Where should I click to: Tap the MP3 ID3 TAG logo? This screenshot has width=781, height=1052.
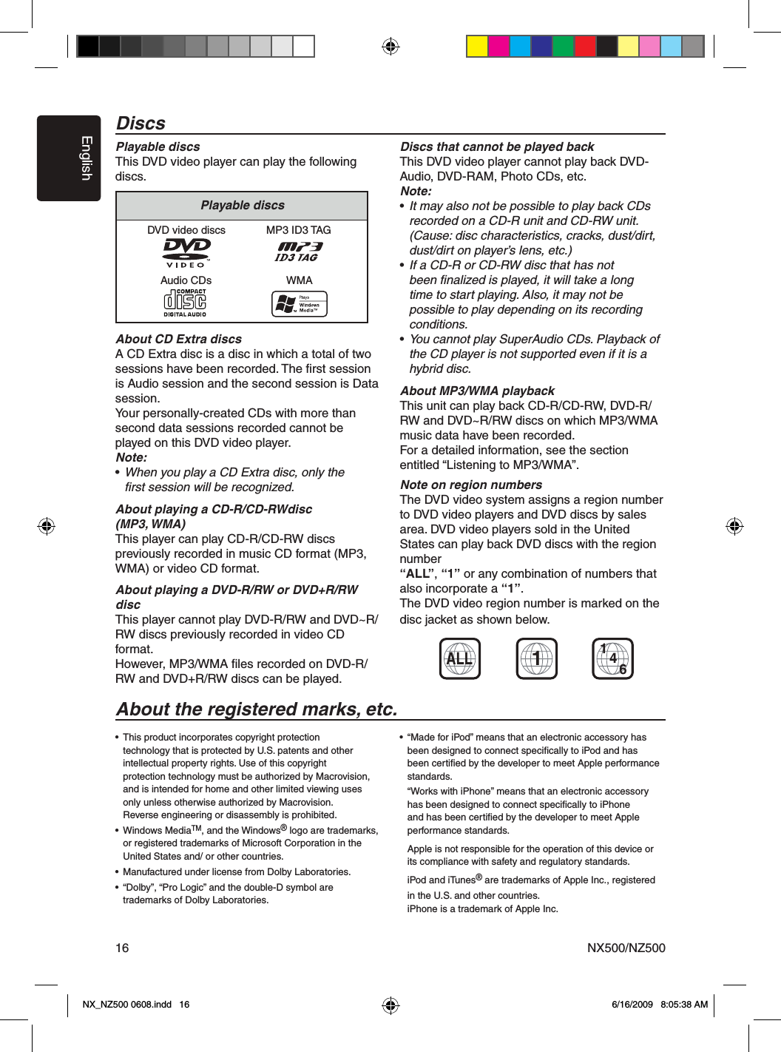click(x=299, y=252)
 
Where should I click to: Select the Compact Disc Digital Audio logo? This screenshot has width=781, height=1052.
click(x=185, y=303)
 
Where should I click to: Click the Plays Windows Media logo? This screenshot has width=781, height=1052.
click(x=299, y=303)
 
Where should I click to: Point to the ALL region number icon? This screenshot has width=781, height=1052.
click(x=459, y=658)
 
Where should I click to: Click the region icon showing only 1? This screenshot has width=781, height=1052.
click(x=536, y=658)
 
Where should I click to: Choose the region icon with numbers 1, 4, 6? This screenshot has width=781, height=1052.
click(x=612, y=658)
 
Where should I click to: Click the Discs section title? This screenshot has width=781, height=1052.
click(x=141, y=124)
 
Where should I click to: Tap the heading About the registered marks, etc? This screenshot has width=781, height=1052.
click(x=257, y=709)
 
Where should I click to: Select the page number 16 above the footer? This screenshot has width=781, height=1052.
click(x=122, y=948)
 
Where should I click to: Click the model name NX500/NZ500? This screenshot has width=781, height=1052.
click(x=626, y=948)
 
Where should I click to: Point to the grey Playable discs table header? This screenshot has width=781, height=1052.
click(x=242, y=206)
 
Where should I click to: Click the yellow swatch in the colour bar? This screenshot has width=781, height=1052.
click(x=477, y=47)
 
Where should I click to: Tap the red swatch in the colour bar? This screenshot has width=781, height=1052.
click(x=585, y=47)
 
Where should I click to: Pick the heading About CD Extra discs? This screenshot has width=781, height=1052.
click(x=179, y=339)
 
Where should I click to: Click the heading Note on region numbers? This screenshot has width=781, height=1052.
click(x=471, y=485)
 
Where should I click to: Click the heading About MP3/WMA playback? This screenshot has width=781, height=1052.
click(x=477, y=391)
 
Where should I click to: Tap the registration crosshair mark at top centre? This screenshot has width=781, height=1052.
click(x=390, y=47)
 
